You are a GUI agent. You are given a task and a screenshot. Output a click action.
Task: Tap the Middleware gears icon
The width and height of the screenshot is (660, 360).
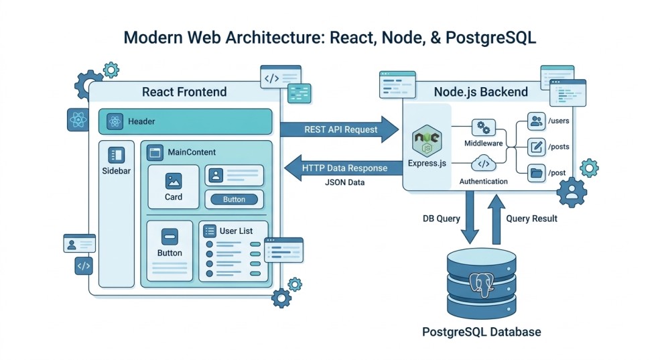(x=482, y=127)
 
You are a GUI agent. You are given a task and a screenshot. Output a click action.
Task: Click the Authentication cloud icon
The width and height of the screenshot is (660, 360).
(x=482, y=164)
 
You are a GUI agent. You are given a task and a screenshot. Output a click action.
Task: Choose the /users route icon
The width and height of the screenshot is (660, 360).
(x=536, y=121)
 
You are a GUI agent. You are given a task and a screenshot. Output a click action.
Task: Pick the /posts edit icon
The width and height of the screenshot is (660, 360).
(x=536, y=146)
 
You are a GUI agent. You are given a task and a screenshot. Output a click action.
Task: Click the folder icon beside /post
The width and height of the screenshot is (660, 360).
(x=536, y=172)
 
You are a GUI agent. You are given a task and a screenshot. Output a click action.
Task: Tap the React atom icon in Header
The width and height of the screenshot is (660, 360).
(x=115, y=121)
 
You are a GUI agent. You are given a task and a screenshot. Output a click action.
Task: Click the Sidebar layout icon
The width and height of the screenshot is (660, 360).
(x=115, y=155)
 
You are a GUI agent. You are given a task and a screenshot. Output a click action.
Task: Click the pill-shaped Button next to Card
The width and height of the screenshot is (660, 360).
(x=234, y=199)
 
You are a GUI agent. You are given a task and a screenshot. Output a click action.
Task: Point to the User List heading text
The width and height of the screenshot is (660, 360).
(x=236, y=231)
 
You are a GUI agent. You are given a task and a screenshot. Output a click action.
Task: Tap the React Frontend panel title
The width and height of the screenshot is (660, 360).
(x=184, y=92)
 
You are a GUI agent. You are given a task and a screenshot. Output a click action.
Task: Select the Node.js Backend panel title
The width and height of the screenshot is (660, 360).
(x=480, y=92)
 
